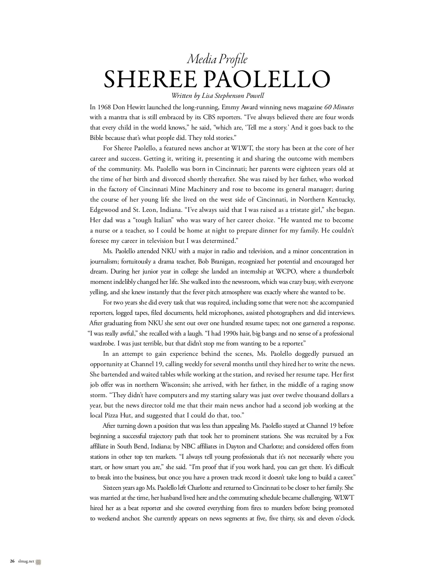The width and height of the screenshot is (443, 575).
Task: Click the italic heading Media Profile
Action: (217, 59)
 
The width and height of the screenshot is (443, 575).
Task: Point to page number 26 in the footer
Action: (12, 561)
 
